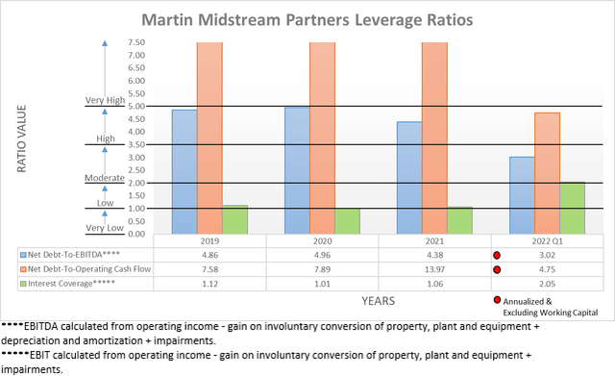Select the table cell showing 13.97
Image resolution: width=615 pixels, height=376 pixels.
click(433, 269)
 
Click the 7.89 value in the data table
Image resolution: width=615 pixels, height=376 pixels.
click(322, 269)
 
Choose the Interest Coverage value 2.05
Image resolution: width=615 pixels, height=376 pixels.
click(545, 284)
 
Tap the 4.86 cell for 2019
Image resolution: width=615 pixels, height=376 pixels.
click(209, 255)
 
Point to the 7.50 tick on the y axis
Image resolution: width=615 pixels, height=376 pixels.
click(135, 42)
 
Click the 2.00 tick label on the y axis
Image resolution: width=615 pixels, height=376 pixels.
click(135, 183)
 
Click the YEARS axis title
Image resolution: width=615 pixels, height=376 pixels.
click(378, 301)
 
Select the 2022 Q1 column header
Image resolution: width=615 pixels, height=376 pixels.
click(545, 241)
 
